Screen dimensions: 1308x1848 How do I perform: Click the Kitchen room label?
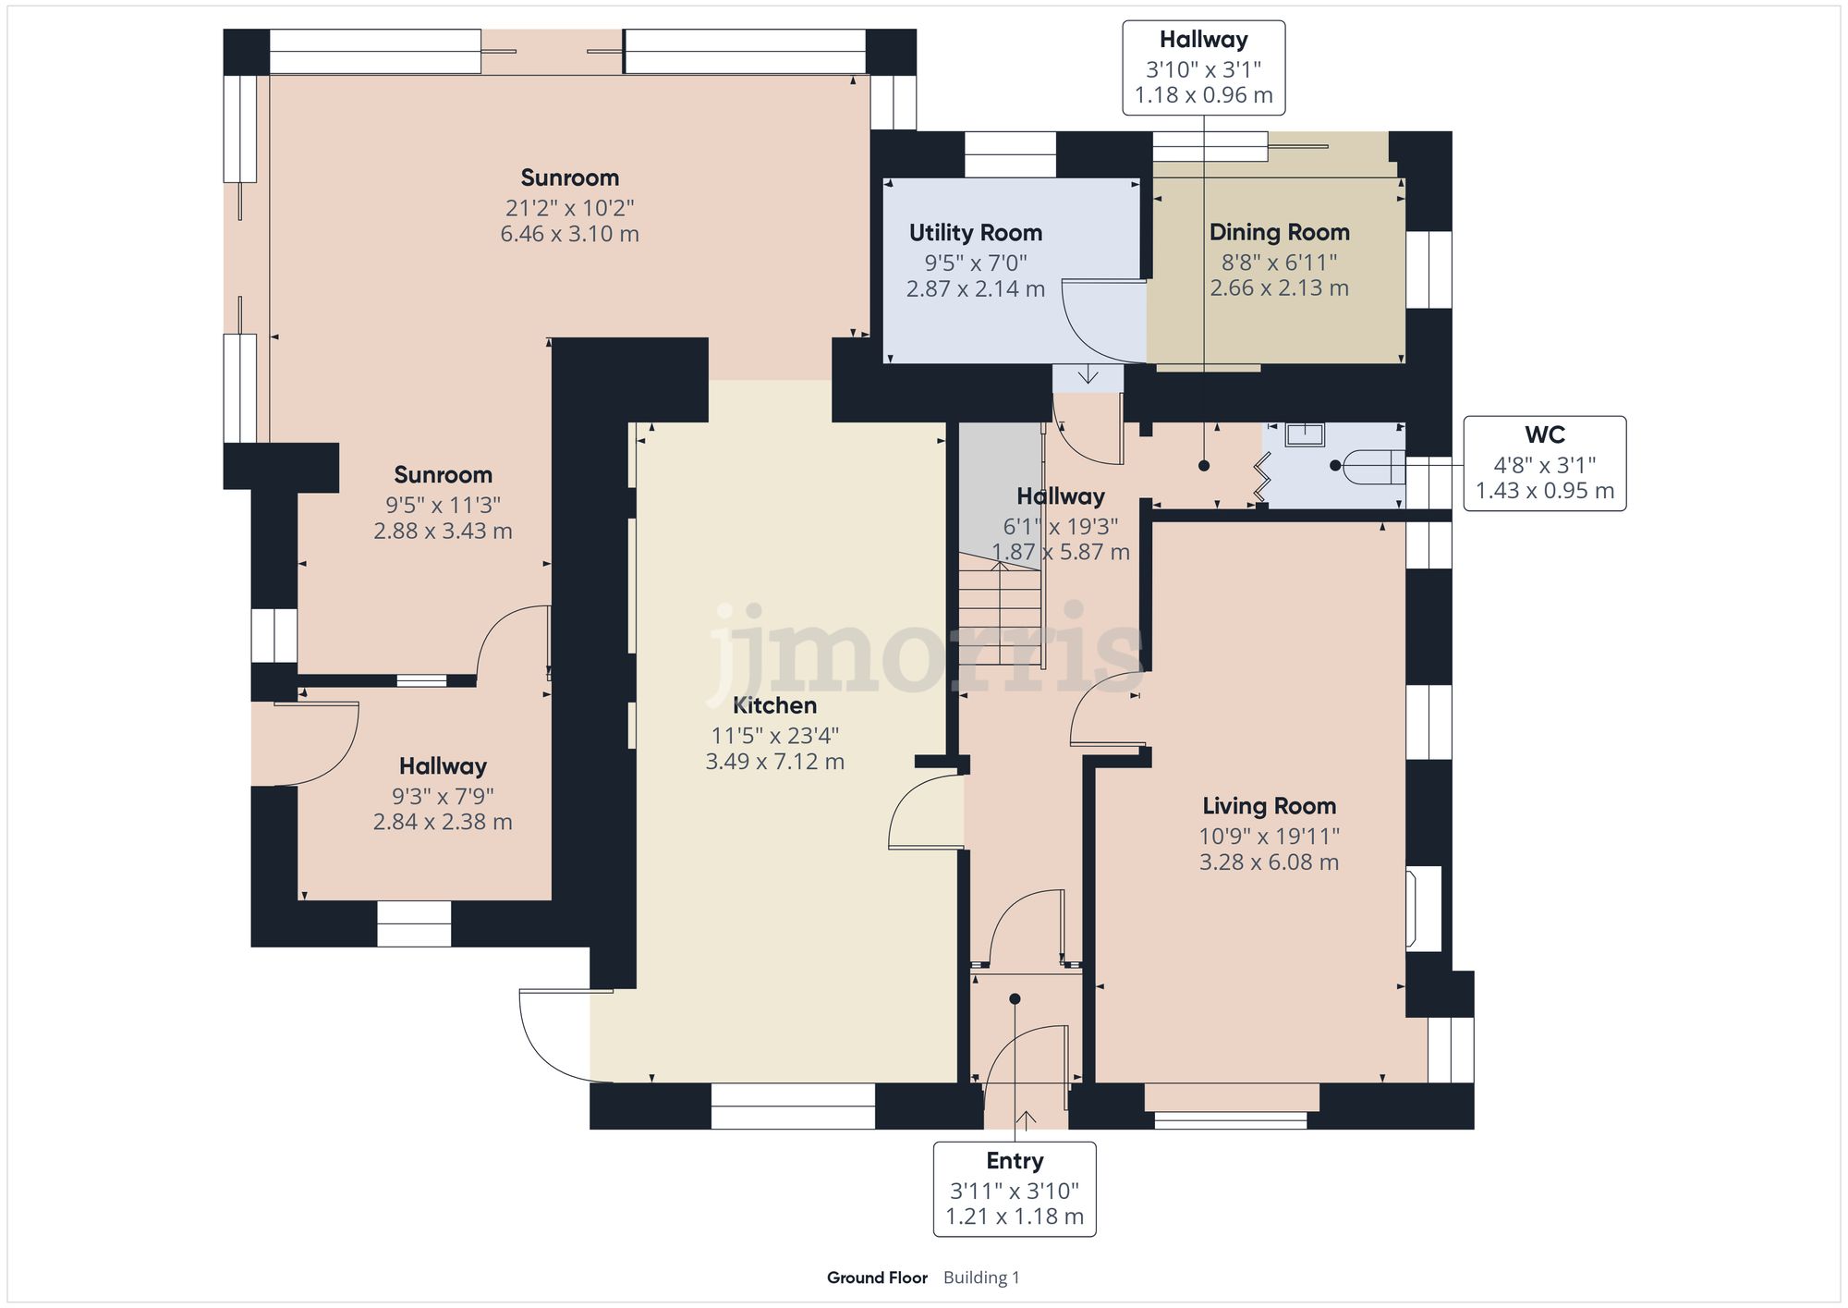774,705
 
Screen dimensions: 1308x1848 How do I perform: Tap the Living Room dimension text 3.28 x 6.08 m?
1269,862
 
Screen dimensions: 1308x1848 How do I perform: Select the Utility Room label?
975,233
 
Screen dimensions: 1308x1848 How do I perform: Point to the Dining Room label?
1279,232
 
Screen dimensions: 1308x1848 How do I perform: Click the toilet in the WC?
1372,467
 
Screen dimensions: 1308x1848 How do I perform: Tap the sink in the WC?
1306,434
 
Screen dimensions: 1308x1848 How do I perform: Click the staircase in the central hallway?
1000,610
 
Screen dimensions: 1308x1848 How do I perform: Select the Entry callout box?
1014,1189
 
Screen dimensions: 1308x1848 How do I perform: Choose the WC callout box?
1544,463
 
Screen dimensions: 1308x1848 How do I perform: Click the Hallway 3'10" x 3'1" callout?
1203,67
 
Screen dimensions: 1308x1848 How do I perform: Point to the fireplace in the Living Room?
1422,909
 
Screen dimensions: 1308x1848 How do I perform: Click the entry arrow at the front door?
1025,1119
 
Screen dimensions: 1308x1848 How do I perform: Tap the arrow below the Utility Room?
1088,374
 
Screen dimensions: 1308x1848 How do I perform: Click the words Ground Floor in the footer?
876,1277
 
